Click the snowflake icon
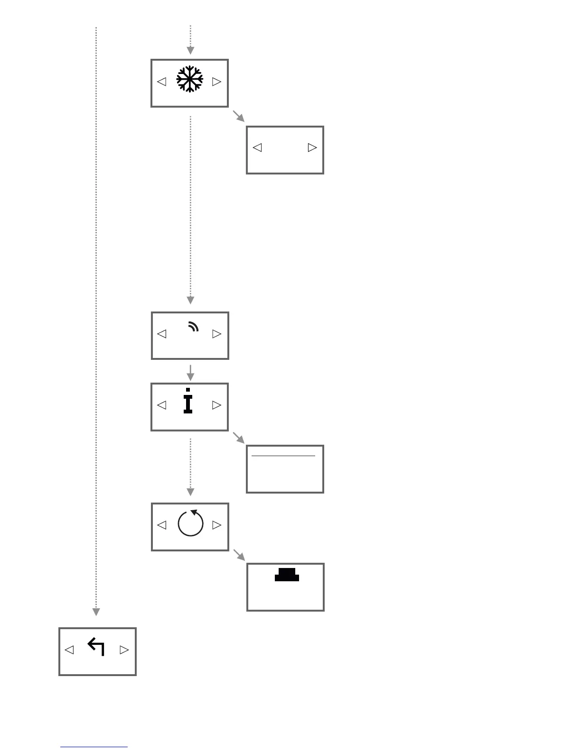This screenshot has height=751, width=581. coord(189,79)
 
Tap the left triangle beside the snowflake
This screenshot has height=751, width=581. coord(162,82)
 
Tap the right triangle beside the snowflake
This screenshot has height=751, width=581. coord(217,82)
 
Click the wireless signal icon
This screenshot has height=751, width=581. coord(193,326)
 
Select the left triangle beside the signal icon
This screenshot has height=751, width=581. coord(162,334)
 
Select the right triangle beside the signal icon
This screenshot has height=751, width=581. coord(217,334)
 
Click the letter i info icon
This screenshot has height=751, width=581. coord(188,401)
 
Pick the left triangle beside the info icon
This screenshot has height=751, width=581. coord(162,405)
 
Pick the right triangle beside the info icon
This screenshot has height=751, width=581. coord(217,405)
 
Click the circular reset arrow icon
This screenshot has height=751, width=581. coord(190,523)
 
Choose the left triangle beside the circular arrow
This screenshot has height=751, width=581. coord(162,525)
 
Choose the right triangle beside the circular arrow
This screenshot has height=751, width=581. coord(217,525)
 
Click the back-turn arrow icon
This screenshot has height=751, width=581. coord(96,647)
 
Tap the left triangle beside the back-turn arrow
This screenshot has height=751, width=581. coord(69,650)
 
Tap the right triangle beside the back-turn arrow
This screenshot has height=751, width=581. coord(124,650)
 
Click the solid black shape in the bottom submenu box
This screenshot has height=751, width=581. coord(287,575)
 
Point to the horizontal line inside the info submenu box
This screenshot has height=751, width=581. coord(283,456)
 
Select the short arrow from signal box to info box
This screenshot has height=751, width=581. coord(190,373)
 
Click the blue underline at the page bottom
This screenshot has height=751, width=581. coord(94,747)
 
